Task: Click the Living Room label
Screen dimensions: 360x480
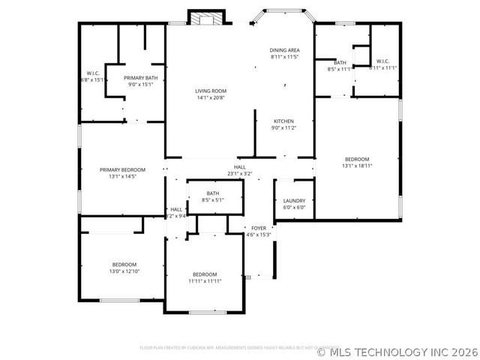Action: coord(210,91)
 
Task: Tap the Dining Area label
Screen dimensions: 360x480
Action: coord(285,50)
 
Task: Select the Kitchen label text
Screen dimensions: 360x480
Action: coord(283,121)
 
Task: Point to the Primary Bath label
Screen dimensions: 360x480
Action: coord(139,78)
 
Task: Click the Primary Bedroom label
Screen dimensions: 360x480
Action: coord(123,170)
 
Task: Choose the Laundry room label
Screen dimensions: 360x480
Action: coord(294,201)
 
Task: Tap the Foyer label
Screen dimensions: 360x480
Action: coord(259,228)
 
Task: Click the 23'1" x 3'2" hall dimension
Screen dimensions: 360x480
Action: coord(240,173)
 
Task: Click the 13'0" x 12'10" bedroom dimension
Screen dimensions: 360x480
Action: coord(124,271)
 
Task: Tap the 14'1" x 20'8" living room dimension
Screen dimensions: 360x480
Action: coord(210,97)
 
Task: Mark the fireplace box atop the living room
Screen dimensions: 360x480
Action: coord(205,18)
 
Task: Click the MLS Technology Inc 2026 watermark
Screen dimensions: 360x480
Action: coord(397,351)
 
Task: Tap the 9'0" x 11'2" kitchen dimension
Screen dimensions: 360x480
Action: coord(283,128)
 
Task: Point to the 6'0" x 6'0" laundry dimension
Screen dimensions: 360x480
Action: coord(294,208)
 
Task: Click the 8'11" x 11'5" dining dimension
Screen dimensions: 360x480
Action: coord(285,57)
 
